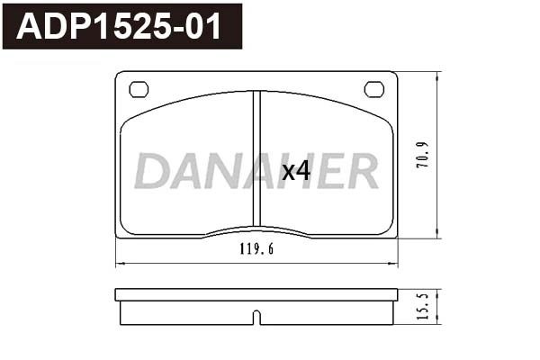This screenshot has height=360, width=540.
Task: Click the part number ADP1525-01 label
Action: pos(121,26)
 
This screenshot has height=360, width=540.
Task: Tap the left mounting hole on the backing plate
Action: pos(139,88)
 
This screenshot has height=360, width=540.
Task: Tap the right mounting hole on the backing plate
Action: pos(373,88)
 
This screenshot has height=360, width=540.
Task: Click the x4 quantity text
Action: pos(295,170)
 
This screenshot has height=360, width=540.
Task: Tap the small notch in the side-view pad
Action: pos(256,317)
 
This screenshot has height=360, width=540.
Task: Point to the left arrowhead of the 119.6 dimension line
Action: pos(119,264)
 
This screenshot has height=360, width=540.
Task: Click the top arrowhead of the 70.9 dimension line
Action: pos(437,75)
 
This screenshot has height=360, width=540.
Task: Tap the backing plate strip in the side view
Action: pos(256,294)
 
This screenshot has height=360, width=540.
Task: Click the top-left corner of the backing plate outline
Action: pos(117,73)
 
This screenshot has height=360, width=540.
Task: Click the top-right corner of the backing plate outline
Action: pos(396,73)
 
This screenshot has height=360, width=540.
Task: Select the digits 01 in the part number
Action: pos(205,26)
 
